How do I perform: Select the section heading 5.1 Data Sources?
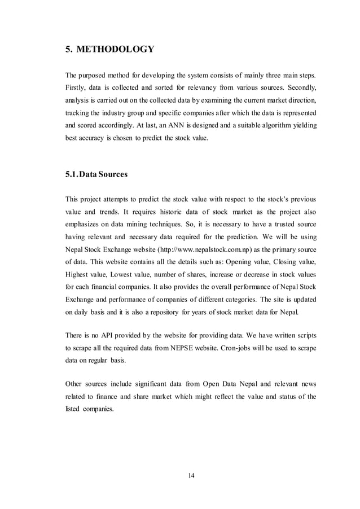pyautogui.click(x=96, y=174)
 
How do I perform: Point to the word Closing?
pyautogui.click(x=280, y=263)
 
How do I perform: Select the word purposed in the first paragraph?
pyautogui.click(x=96, y=76)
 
